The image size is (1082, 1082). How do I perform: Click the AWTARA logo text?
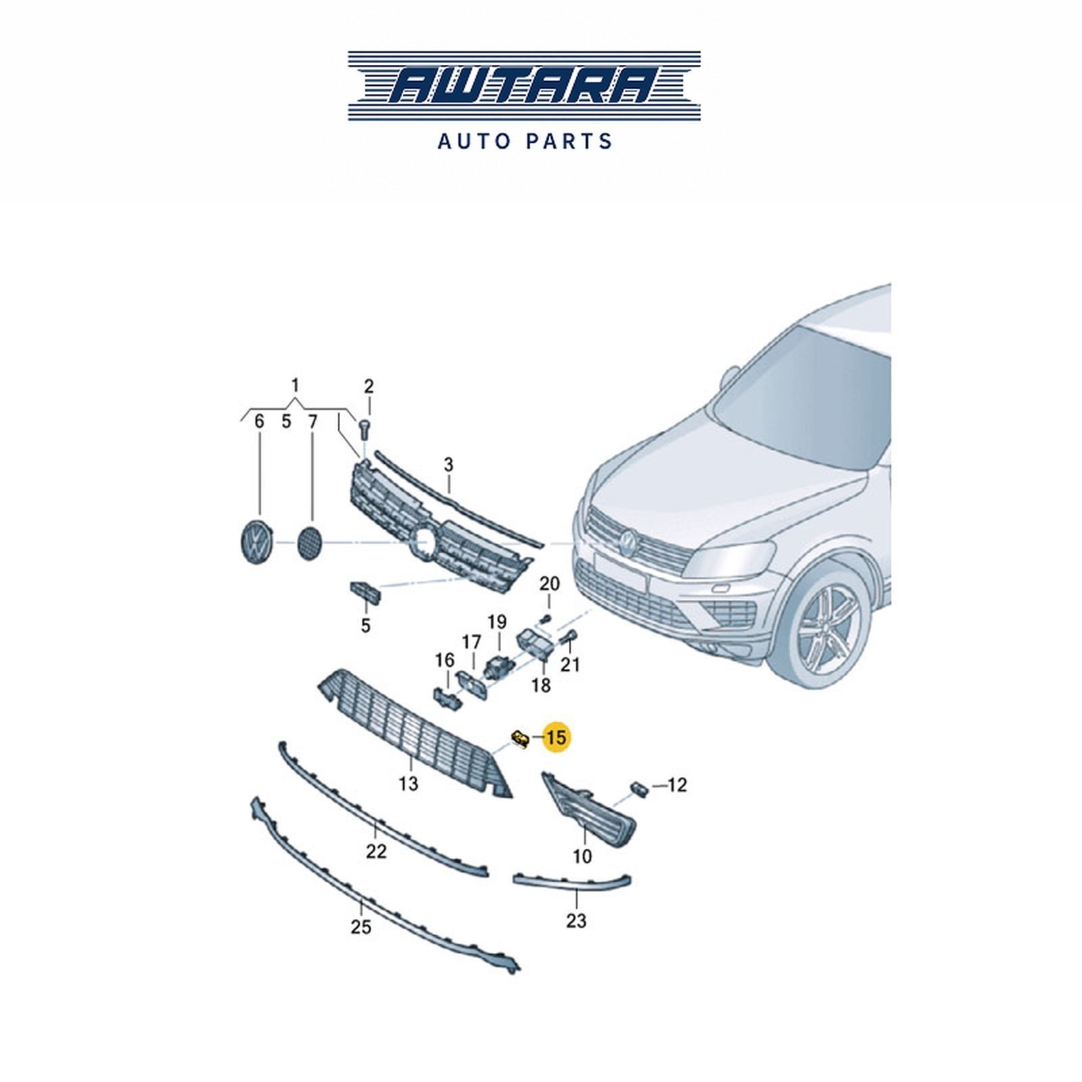[524, 87]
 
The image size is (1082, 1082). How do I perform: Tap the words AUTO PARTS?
[525, 141]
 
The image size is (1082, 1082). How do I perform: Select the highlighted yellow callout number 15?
[556, 737]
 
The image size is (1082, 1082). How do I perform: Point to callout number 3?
[448, 465]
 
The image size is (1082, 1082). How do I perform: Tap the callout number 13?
[408, 784]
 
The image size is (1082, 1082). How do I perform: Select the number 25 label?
[361, 926]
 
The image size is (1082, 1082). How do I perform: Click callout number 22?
[376, 851]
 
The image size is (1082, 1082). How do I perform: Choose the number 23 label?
[576, 920]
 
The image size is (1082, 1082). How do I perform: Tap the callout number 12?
[677, 784]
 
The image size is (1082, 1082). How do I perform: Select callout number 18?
[541, 685]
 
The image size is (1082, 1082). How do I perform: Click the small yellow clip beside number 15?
[520, 739]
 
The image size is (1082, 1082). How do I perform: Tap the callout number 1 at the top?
[295, 385]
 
